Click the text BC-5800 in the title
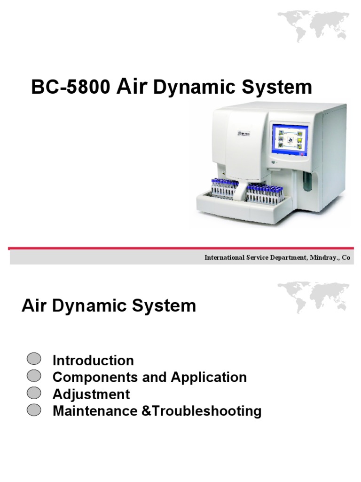coord(71,88)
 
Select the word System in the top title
coord(282,88)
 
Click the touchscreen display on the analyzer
coord(290,140)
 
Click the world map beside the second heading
coord(314,298)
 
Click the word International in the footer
coord(223,258)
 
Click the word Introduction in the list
coord(93,361)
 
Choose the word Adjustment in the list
coord(91,394)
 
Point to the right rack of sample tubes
coord(264,192)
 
